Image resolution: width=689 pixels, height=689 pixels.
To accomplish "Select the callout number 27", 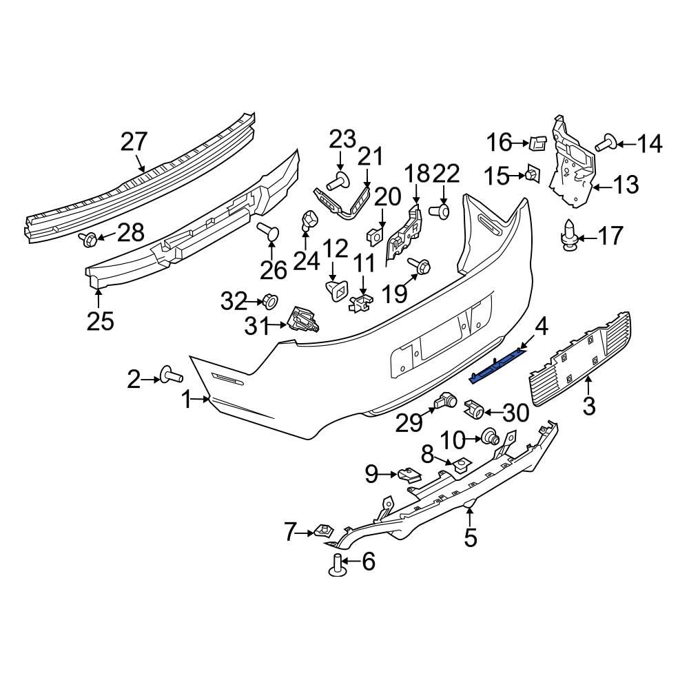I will pyautogui.click(x=134, y=142).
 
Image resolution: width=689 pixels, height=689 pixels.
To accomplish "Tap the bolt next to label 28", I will pyautogui.click(x=88, y=239).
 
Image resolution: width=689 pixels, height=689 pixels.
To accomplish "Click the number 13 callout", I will pyautogui.click(x=626, y=185).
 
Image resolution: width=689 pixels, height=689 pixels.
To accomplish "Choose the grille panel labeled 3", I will pyautogui.click(x=579, y=358).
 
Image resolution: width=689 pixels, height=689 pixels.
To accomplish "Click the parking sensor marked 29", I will pyautogui.click(x=444, y=402).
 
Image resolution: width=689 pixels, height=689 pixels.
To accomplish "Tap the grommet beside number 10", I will pyautogui.click(x=491, y=437).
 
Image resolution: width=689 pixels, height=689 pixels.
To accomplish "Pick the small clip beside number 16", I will pyautogui.click(x=537, y=143).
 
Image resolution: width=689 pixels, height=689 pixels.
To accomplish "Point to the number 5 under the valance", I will pyautogui.click(x=470, y=537).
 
